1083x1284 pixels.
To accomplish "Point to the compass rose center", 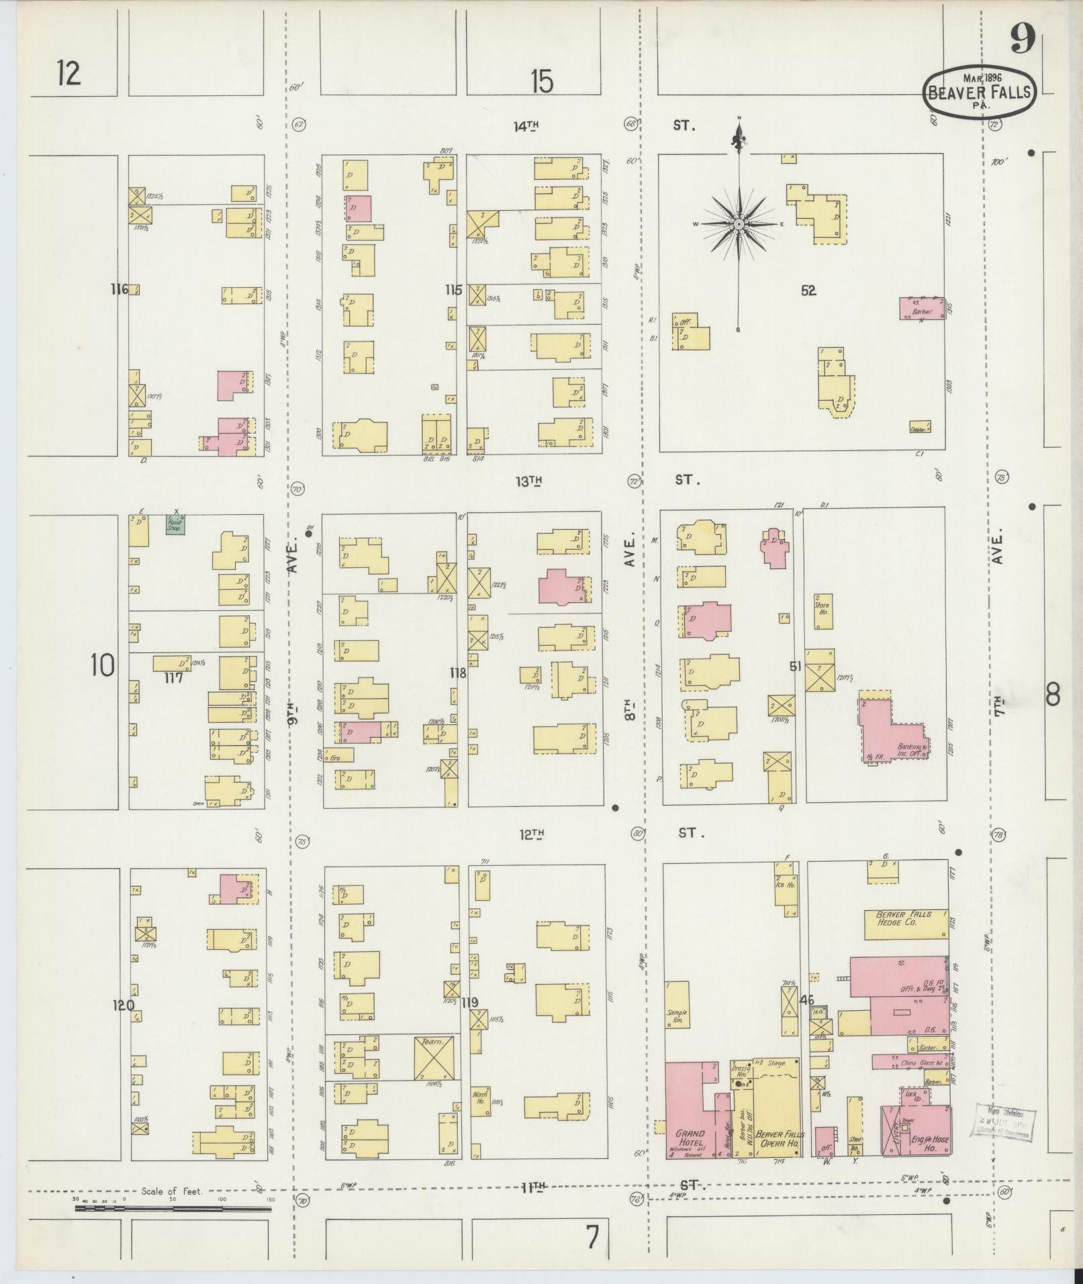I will [739, 224].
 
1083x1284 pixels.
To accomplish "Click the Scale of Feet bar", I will [173, 1208].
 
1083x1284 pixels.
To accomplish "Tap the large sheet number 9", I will [1022, 39].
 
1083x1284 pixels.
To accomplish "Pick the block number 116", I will [120, 289].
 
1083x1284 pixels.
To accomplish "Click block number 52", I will [808, 290].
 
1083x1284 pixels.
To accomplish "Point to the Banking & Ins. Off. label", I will [912, 749].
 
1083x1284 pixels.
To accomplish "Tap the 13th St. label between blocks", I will [529, 481].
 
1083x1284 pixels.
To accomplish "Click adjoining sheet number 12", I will [68, 72].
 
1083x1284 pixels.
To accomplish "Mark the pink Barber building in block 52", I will [922, 309].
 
